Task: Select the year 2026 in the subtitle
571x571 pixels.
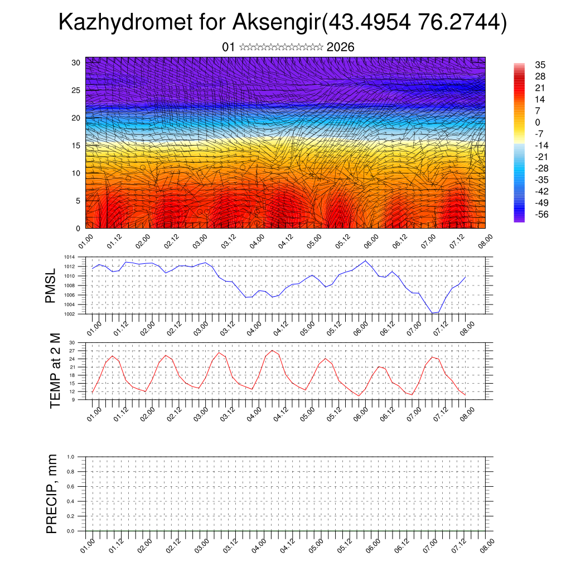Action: click(340, 47)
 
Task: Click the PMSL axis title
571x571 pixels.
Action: click(51, 285)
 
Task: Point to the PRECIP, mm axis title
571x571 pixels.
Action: click(52, 493)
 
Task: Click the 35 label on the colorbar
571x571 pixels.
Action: click(540, 65)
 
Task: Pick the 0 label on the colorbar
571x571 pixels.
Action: click(538, 122)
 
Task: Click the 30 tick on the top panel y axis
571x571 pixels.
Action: click(75, 62)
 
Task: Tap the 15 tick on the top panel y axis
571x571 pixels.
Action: click(75, 146)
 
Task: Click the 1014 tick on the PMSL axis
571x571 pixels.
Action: click(70, 257)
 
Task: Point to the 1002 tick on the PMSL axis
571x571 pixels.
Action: click(70, 314)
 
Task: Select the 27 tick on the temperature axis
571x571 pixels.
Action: click(72, 351)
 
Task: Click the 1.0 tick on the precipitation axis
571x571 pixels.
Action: click(70, 457)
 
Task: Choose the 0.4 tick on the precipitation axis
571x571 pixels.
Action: click(70, 501)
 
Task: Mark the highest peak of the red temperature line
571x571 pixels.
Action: click(272, 351)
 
